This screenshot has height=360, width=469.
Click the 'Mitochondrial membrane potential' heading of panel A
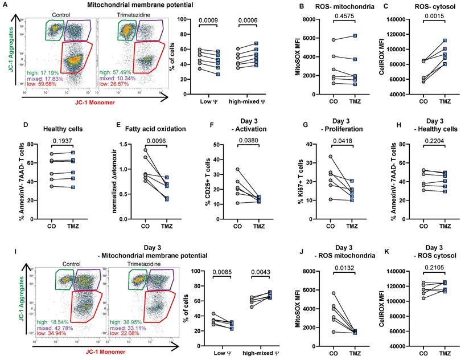tap(130, 5)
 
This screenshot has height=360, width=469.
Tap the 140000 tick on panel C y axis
tap(403, 20)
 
